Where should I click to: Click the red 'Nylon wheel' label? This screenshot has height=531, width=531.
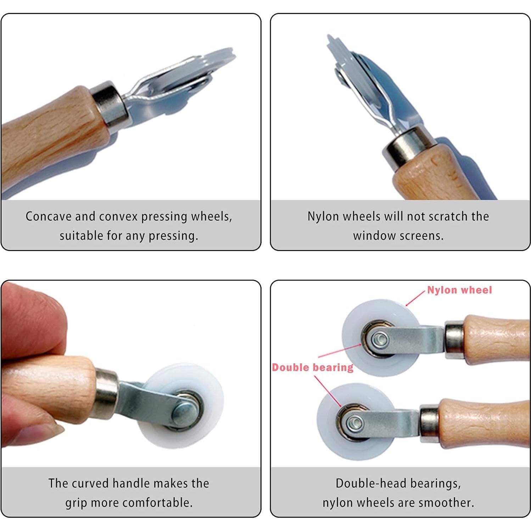(x=459, y=290)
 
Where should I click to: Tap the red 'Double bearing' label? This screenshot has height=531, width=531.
(x=313, y=367)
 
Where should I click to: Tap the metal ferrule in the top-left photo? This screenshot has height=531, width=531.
(x=109, y=104)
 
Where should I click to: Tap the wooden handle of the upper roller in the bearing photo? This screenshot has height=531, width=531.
(x=496, y=340)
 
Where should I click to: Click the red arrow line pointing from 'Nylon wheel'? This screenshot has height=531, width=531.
(x=415, y=298)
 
